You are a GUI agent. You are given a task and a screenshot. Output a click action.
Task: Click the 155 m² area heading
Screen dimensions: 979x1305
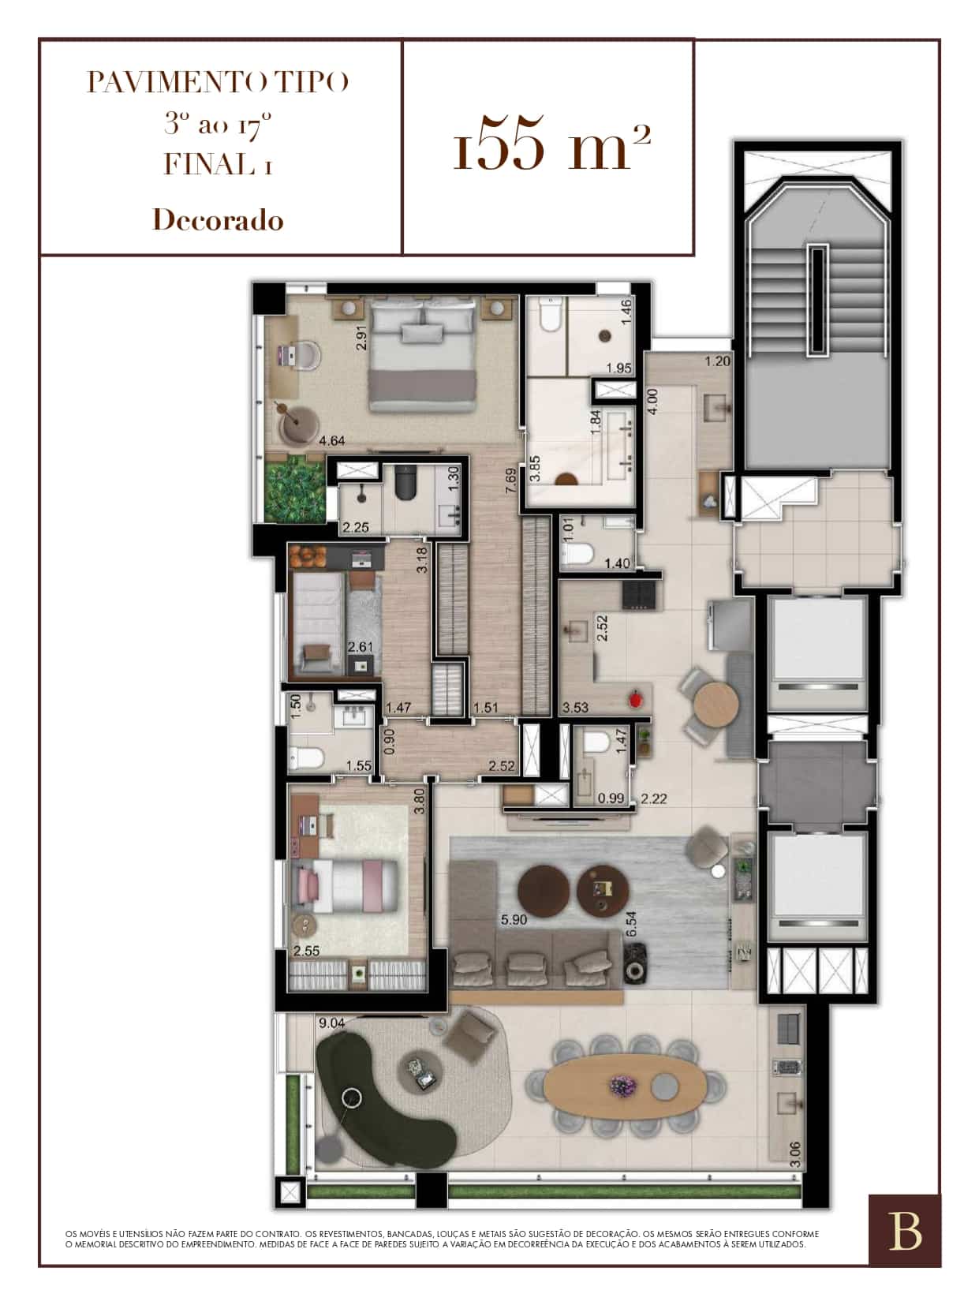[551, 148]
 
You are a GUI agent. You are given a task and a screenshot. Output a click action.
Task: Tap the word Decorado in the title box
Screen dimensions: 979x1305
[218, 221]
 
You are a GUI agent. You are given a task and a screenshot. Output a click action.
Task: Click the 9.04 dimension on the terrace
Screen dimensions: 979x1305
[331, 1023]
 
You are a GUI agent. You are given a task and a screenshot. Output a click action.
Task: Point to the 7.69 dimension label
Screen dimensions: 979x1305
[510, 480]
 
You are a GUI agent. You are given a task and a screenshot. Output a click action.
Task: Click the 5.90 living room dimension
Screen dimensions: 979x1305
[514, 919]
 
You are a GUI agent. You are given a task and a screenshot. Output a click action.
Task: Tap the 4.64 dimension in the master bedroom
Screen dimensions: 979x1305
[331, 440]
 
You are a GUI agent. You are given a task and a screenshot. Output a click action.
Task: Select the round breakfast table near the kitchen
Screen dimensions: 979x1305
[716, 704]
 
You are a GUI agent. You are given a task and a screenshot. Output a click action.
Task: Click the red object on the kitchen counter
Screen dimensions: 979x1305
[637, 698]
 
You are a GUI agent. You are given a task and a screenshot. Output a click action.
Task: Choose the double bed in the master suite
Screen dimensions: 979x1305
[423, 354]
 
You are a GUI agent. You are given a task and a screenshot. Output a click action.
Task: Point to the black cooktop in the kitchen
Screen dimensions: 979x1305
[639, 593]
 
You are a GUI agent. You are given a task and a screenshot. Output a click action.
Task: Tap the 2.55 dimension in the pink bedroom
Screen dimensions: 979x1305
[307, 951]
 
